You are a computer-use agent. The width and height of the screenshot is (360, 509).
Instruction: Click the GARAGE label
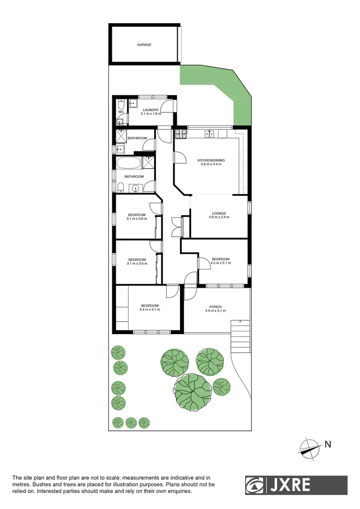tap(144, 45)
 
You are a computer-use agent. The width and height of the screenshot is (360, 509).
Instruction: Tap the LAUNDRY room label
tap(150, 110)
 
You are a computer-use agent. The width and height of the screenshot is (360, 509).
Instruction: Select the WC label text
tap(121, 112)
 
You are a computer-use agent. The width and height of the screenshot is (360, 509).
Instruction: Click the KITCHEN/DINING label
tap(211, 160)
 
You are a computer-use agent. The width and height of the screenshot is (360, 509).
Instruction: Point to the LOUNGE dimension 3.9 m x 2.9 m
tap(219, 218)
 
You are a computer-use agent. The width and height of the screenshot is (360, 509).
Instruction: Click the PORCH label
tap(215, 307)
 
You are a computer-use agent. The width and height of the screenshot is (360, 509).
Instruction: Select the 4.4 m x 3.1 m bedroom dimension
tap(150, 310)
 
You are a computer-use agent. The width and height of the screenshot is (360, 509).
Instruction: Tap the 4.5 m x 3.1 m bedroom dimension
tap(221, 263)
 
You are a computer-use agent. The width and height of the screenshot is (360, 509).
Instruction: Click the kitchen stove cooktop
tap(180, 133)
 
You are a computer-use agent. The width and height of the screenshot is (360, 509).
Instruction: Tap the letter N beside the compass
tap(328, 445)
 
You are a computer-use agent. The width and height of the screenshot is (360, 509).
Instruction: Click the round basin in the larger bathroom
tap(136, 188)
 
